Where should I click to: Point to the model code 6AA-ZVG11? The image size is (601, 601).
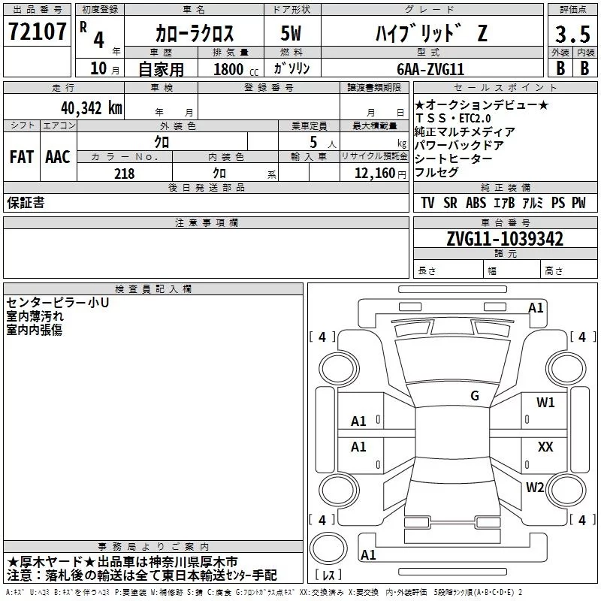(x=430, y=68)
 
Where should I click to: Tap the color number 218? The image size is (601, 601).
(x=124, y=174)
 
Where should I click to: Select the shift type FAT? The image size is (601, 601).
(x=21, y=157)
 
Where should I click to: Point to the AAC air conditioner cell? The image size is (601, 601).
(x=58, y=157)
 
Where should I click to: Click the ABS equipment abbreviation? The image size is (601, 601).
(x=475, y=203)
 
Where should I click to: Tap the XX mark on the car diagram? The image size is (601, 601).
(x=545, y=446)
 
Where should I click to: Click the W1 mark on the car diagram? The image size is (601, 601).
(x=545, y=403)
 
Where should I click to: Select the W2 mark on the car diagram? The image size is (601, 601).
(x=535, y=488)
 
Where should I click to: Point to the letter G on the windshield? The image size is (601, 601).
(x=475, y=395)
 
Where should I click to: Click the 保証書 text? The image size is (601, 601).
(x=26, y=203)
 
